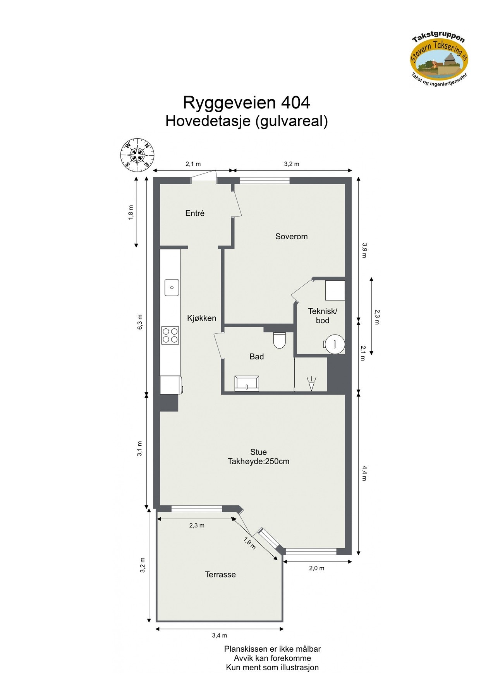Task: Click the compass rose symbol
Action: pos(137,155)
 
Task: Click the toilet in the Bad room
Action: pos(279,340)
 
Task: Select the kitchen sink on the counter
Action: pos(172,287)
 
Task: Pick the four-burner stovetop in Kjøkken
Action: pos(170,335)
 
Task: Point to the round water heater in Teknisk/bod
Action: pos(335,343)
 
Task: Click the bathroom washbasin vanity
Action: pos(247,383)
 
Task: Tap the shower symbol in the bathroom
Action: pos(311,384)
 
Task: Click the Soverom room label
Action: pos(291,236)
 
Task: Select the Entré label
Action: pos(194,213)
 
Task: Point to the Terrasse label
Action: pos(220,574)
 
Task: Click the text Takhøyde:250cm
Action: pos(258,461)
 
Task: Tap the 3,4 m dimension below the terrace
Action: pos(219,635)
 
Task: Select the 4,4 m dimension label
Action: pos(364,473)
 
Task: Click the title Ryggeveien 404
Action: pos(246,103)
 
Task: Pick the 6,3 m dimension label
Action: pos(140,322)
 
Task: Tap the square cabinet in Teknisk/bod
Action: pos(335,290)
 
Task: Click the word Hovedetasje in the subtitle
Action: pos(208,121)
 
